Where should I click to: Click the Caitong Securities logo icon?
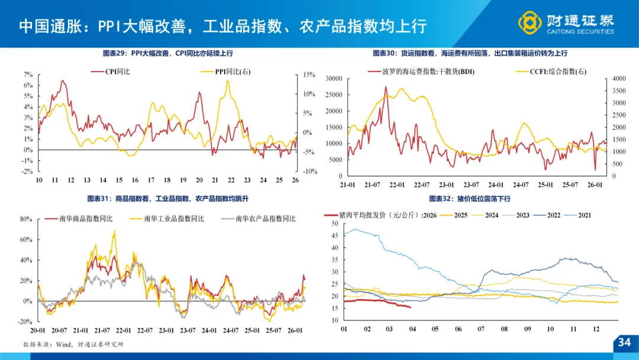pos(530,22)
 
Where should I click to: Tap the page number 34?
pos(624,342)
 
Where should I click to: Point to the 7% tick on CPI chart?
pos(28,75)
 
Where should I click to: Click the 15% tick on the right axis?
pos(309,75)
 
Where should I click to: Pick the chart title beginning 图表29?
pos(167,53)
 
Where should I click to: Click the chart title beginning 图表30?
pos(470,53)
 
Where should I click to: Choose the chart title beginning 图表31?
pos(167,198)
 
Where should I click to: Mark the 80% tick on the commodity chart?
pos(26,219)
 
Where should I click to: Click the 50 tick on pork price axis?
pos(334,224)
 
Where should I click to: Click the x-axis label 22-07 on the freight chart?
pos(422,185)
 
